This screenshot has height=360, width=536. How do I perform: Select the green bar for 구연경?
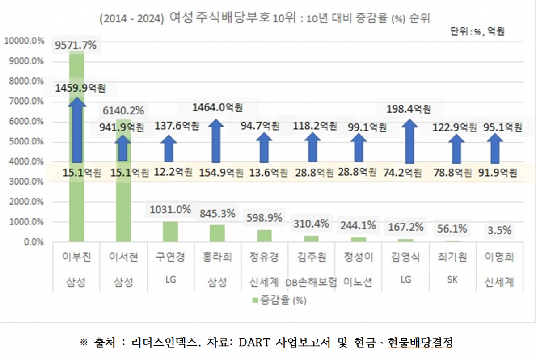tap(170, 232)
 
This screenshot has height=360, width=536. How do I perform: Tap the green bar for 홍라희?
tap(217, 233)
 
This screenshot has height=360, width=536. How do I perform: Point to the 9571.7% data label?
tap(76, 46)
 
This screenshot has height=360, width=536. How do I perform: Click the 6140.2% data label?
tap(124, 110)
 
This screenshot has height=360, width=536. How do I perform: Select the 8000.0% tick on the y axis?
tap(25, 81)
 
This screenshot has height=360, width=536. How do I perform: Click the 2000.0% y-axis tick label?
tap(25, 202)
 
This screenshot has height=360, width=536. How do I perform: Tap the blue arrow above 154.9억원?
tap(217, 140)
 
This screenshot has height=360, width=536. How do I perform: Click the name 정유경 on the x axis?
tap(264, 258)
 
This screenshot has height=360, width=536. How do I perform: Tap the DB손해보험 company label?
tap(311, 282)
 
